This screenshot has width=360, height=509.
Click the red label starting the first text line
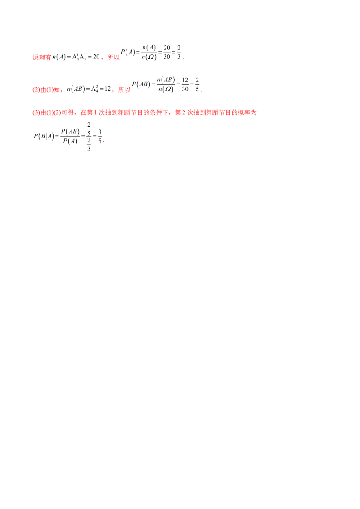coord(41,58)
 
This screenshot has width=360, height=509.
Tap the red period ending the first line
coord(184,59)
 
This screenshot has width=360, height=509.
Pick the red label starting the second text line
coord(47,90)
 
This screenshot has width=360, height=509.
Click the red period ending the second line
coord(201,91)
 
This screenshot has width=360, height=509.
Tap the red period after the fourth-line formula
coord(103,142)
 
